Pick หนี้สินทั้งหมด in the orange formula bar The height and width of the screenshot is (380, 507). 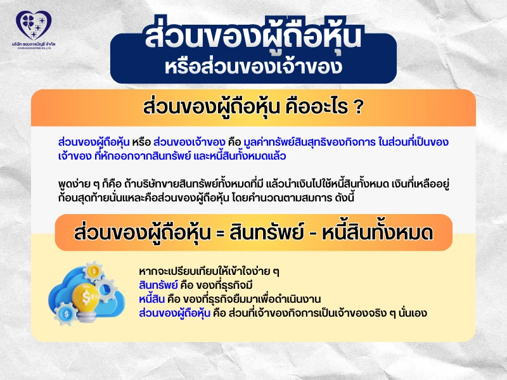pos(379,233)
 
